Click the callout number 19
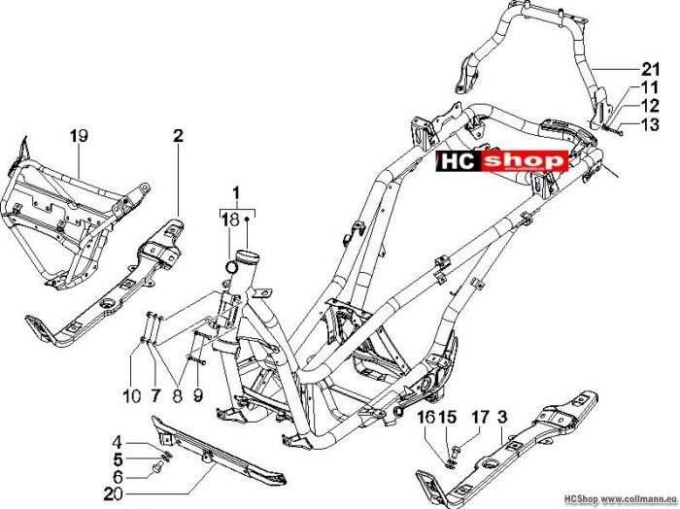coord(79,136)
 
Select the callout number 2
coord(178,136)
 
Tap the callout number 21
coord(650,69)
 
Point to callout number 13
coord(650,125)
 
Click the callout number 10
coord(132,395)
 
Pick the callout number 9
coord(198,395)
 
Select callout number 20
coord(114,493)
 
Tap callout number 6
coord(118,477)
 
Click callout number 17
coord(480,418)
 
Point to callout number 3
coord(502,418)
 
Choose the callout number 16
coord(426,418)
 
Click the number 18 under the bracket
coord(231,220)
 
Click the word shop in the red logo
coord(524,161)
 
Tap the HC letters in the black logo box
coord(458,161)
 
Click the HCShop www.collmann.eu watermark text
coord(621,499)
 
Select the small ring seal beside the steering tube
coord(232,266)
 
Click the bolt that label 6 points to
coord(157,467)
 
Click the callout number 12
coord(650,106)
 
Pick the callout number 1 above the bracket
coord(236,194)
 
